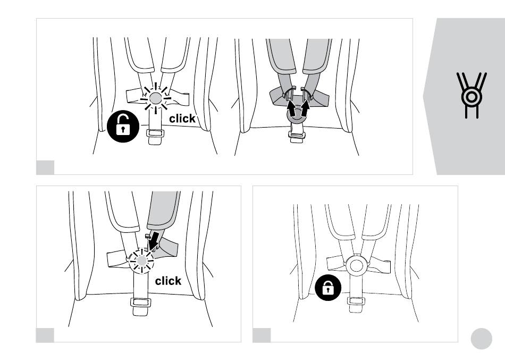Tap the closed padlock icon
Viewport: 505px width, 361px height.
(329, 289)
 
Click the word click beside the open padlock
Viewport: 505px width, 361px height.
(182, 119)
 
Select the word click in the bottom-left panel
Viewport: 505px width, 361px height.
(168, 281)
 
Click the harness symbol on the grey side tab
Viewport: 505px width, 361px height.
(471, 96)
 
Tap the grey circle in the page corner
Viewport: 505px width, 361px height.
(481, 339)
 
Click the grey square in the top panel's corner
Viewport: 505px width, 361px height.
(45, 167)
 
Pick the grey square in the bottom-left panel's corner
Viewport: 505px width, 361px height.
(45, 335)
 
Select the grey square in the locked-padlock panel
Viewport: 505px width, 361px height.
(262, 335)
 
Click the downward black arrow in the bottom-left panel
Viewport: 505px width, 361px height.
(154, 241)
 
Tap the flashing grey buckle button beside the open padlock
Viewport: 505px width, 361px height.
(156, 97)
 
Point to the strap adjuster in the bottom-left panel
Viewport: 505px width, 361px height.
(141, 303)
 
